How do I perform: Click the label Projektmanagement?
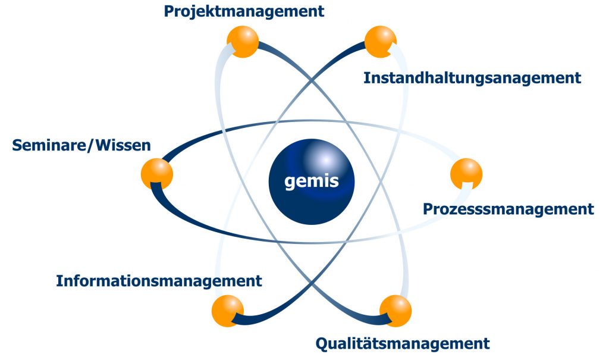(x=244, y=11)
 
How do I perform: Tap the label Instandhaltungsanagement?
(x=472, y=78)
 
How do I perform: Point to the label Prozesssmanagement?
(x=508, y=209)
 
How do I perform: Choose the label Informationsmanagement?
(x=159, y=281)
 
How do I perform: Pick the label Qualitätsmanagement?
(x=403, y=343)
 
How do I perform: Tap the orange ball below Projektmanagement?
(x=243, y=42)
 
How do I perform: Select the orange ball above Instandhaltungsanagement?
(x=380, y=42)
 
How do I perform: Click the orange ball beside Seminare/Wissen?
(x=157, y=174)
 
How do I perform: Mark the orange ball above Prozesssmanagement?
(x=466, y=174)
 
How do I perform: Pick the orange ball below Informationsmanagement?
(x=228, y=311)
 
